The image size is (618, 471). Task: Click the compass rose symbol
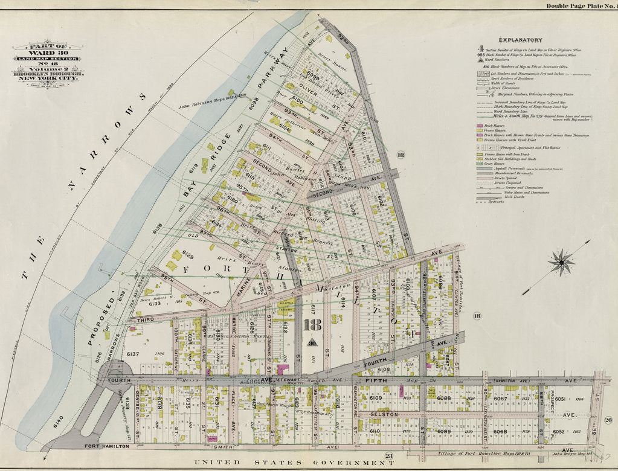562,262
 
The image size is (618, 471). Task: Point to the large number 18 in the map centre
313,327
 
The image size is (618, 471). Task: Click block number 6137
132,354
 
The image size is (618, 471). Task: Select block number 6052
558,432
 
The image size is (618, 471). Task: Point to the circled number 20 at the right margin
608,420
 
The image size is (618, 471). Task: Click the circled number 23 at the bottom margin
390,456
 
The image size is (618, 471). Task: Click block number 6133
155,304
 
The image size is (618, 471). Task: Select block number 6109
375,399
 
